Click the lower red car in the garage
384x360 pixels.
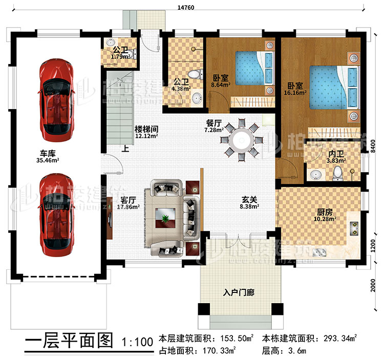(57, 214)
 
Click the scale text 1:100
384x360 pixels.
(137, 342)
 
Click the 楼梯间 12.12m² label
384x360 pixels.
(146, 133)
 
